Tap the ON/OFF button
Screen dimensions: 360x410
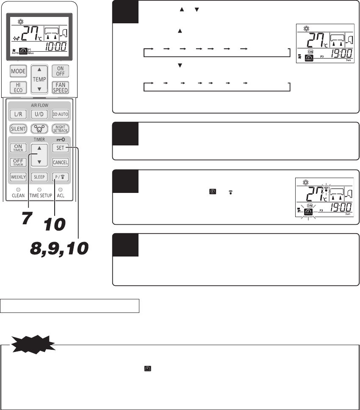pos(61,71)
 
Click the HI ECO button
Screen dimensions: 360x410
pos(18,88)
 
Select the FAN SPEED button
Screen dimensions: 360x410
pos(61,88)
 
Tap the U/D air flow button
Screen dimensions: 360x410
pos(39,114)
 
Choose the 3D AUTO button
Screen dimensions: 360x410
pos(61,114)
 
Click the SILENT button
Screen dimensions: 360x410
pos(18,128)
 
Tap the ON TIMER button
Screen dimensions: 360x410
pos(18,148)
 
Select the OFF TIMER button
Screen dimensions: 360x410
pos(18,162)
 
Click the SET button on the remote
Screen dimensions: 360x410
pos(60,148)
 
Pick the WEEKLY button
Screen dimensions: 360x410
pos(18,177)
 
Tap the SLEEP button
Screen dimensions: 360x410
pos(39,177)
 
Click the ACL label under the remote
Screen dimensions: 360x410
pos(61,196)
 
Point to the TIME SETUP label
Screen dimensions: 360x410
pos(39,196)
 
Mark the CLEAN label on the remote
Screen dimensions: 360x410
pos(18,196)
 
